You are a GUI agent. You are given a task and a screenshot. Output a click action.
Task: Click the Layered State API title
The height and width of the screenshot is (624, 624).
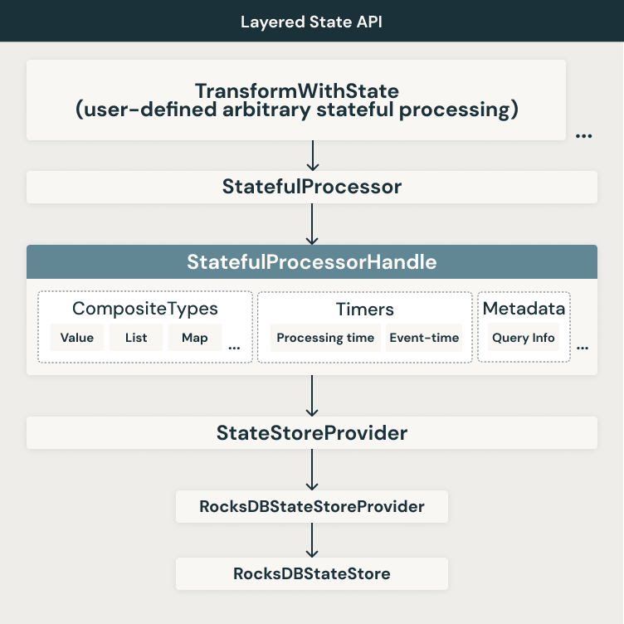(311, 21)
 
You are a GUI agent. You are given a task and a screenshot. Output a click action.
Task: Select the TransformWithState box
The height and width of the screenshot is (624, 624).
(296, 100)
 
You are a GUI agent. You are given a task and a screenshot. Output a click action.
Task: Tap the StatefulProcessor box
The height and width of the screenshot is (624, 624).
(311, 187)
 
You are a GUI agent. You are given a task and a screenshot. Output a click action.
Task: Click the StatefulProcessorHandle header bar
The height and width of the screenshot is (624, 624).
(311, 262)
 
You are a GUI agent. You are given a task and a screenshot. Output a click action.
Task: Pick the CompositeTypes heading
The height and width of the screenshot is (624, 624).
(145, 309)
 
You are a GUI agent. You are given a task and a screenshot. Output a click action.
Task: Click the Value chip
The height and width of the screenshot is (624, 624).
(77, 338)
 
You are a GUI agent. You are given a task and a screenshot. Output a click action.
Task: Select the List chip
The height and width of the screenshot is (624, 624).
(136, 338)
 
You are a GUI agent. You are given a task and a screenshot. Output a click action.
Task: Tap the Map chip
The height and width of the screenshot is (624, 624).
(195, 338)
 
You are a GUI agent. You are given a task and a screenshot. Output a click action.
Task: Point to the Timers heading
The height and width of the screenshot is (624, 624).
(364, 309)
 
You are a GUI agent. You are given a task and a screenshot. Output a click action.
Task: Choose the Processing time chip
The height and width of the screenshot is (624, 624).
(325, 338)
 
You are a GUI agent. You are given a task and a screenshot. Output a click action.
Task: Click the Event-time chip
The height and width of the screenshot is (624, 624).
(423, 338)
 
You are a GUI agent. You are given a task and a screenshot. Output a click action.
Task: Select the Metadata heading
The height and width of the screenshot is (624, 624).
(524, 309)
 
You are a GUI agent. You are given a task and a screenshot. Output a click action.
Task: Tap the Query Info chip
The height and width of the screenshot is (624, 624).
(524, 338)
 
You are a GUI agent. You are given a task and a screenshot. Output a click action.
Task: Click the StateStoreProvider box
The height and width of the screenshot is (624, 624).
(311, 433)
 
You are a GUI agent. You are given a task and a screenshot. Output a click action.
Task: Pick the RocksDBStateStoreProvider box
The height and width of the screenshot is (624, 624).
(311, 506)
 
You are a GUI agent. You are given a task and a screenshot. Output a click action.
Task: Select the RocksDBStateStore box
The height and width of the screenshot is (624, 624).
(311, 573)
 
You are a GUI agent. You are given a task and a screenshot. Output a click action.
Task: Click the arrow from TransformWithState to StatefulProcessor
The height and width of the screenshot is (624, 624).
(312, 156)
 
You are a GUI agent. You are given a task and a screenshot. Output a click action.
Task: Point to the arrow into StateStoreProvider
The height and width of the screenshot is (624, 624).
(312, 396)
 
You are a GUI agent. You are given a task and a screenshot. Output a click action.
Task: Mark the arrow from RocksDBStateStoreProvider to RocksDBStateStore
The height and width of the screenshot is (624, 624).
(312, 540)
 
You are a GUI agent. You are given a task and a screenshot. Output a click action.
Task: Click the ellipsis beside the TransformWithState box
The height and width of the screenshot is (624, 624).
(583, 136)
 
